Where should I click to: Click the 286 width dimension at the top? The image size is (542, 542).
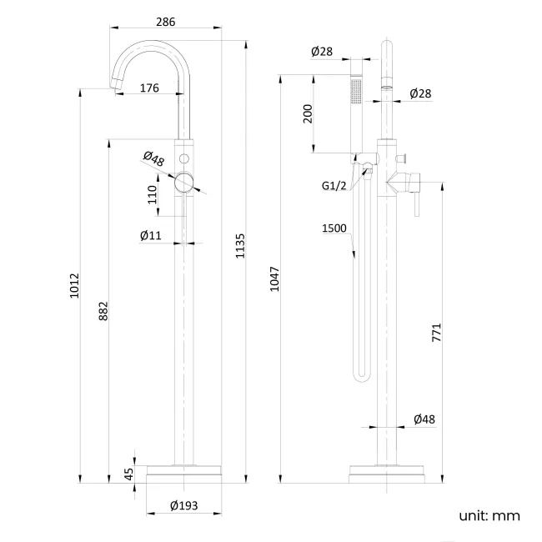[166, 22]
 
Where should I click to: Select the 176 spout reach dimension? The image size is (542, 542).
[150, 87]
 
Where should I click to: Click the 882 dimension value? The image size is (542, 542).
[103, 309]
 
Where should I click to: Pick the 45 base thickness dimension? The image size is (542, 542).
[128, 474]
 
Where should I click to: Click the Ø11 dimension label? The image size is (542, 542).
[150, 236]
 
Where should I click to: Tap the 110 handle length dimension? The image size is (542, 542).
[153, 194]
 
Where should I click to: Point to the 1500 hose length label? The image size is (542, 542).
[335, 228]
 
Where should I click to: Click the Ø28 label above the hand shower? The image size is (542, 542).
[322, 52]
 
